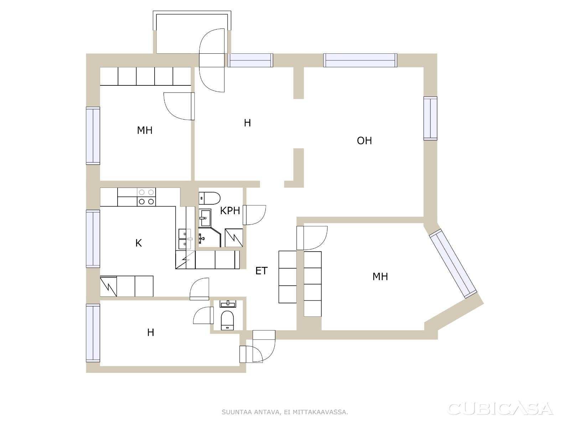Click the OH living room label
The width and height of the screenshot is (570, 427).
click(364, 141)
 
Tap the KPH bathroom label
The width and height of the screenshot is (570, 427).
click(230, 211)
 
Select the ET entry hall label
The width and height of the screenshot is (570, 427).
click(261, 271)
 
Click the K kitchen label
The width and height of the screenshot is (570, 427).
click(139, 243)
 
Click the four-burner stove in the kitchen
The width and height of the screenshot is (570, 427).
click(146, 197)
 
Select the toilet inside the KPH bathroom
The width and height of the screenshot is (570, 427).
click(209, 198)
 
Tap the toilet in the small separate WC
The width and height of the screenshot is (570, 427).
click(227, 321)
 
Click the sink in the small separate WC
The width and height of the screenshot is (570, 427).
click(228, 304)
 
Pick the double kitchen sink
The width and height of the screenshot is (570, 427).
click(185, 239)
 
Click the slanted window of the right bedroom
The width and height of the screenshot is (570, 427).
click(453, 263)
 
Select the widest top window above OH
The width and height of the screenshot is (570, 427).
click(360, 60)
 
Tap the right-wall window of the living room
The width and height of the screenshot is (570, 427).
click(430, 118)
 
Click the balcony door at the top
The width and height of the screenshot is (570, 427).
click(212, 60)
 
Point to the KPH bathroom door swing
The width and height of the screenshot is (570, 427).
click(254, 215)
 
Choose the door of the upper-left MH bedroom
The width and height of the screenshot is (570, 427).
click(179, 106)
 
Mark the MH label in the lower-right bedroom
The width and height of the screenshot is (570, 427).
click(380, 276)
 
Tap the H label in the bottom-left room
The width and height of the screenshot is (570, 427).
click(151, 332)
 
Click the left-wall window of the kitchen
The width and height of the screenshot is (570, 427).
click(93, 238)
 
